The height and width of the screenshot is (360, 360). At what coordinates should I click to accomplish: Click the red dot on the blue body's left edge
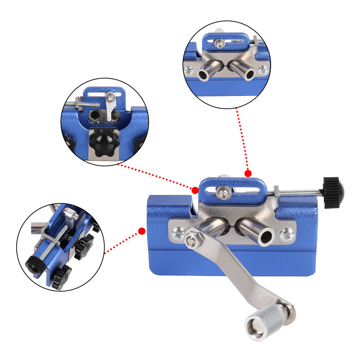(x=142, y=230)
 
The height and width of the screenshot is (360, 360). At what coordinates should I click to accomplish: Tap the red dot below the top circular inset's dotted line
(x=248, y=174)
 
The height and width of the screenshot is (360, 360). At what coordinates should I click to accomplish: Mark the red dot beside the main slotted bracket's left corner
(x=195, y=190)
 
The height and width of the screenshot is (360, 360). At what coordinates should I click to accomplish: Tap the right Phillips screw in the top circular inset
(x=263, y=69)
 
